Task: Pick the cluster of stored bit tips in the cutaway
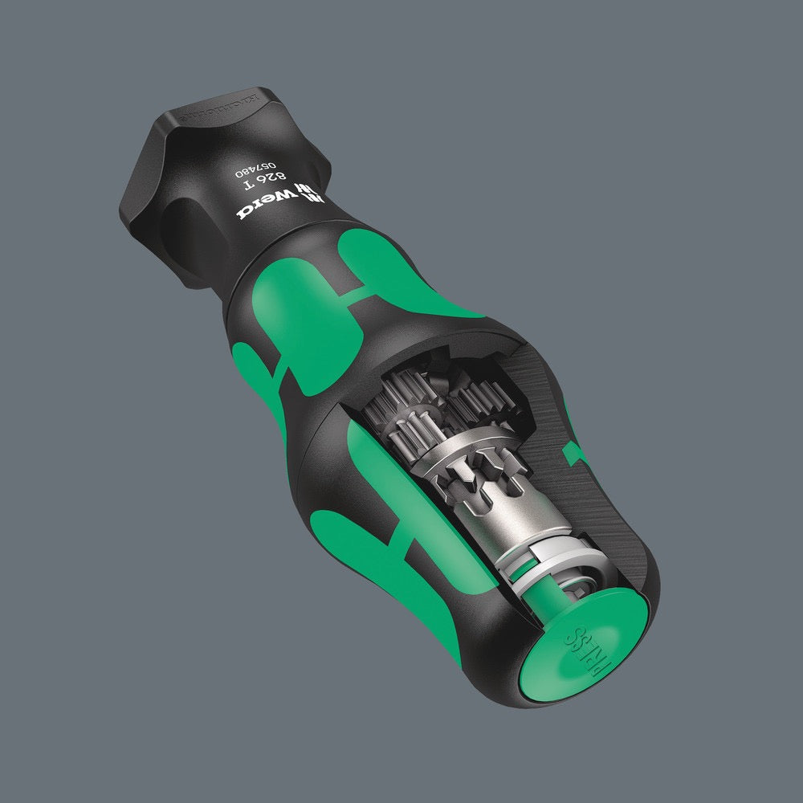pos(426,401)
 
